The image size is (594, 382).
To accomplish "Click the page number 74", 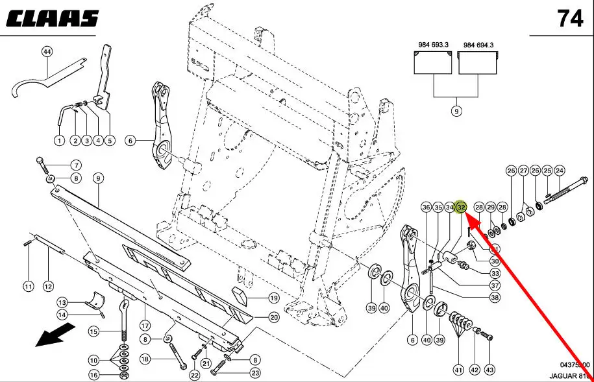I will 570,19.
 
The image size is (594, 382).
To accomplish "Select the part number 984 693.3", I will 429,45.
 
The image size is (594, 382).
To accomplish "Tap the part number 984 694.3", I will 478,45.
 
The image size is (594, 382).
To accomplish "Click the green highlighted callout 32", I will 461,207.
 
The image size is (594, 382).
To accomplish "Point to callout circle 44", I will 47,51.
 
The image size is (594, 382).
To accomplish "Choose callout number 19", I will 273,298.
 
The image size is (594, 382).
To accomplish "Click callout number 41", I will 458,370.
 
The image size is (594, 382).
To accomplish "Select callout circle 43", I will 489,370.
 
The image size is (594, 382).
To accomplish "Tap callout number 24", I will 560,171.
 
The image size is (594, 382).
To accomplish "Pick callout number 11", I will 28,286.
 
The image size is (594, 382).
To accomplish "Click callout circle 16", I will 94,375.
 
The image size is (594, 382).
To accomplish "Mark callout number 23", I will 255,373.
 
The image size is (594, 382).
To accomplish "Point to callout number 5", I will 108,141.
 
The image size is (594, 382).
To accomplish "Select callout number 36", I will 426,208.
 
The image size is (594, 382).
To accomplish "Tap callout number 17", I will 145,326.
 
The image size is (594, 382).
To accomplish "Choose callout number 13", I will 62,302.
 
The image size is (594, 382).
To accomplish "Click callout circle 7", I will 75,165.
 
